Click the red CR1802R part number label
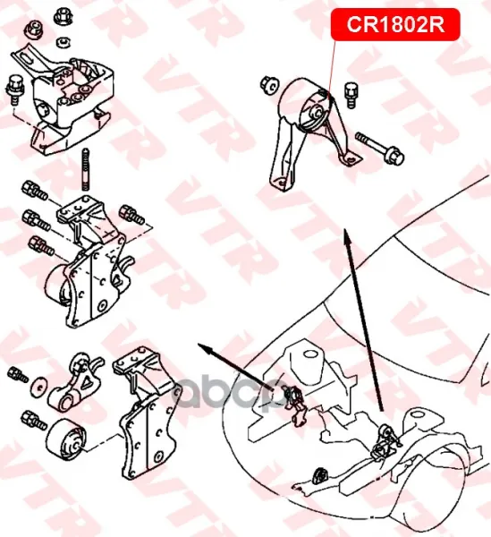coord(395,25)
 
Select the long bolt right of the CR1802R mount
coord(380,148)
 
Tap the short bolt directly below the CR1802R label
coord(351,94)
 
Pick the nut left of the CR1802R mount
coord(269,85)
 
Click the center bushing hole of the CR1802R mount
coord(317,112)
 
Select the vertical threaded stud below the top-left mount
coord(86,169)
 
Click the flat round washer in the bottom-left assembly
coord(39,387)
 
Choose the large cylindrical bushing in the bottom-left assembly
coord(65,437)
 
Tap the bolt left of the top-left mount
coord(14,89)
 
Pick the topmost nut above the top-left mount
coord(63,14)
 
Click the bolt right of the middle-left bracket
coord(131,215)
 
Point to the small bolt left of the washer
coord(17,374)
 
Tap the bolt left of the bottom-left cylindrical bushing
coord(33,420)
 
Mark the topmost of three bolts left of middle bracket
coord(34,191)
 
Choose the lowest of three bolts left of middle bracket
coord(41,246)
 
